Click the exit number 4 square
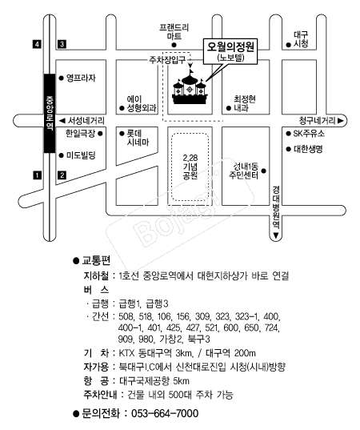[37, 44]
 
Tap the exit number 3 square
[62, 44]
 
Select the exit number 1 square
[37, 175]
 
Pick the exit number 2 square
[62, 175]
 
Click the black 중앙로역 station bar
[50, 113]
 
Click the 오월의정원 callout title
[230, 46]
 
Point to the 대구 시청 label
[301, 39]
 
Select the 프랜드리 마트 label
[174, 31]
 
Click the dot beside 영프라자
[61, 78]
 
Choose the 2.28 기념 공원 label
[190, 167]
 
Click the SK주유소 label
[309, 134]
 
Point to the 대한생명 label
[308, 149]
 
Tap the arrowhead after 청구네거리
[341, 121]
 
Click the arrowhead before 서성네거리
[62, 121]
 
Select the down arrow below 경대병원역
[276, 236]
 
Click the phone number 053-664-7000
[165, 413]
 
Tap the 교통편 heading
[96, 260]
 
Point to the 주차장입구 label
[167, 60]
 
